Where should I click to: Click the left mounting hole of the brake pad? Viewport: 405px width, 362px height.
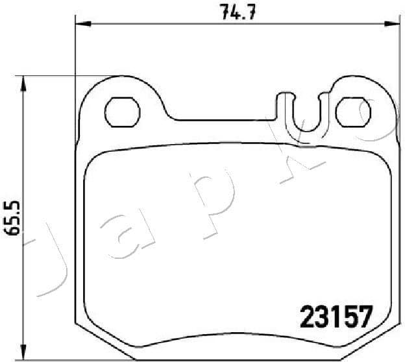point(121,112)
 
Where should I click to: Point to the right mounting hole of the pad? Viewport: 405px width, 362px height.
point(352,112)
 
